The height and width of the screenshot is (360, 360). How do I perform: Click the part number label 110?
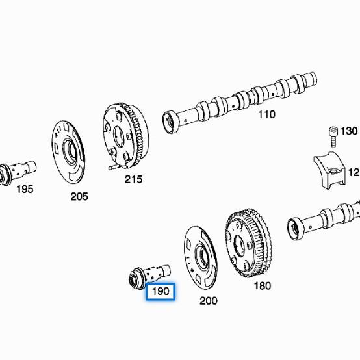tap(266, 114)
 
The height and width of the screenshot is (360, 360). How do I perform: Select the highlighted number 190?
tap(160, 292)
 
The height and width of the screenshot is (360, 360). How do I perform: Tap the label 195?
tap(24, 189)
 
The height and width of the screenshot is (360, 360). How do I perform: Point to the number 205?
tap(79, 196)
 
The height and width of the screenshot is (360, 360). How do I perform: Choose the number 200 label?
tap(208, 301)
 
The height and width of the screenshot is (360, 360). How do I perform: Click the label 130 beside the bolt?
tap(348, 131)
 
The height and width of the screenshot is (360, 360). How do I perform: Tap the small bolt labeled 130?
tap(331, 136)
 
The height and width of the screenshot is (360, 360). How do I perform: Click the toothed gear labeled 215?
tap(125, 135)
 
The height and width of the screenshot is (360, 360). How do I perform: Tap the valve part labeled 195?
tap(17, 170)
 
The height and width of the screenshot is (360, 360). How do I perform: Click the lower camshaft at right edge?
tap(325, 221)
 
